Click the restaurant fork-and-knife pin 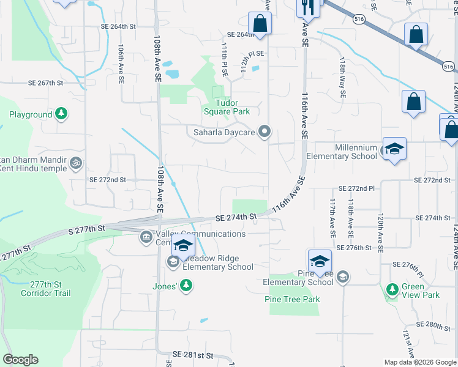pos(307,7)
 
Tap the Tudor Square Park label pos(226,108)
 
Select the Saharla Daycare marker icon pos(265,132)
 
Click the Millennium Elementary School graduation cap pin pos(394,149)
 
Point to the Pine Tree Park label pos(292,299)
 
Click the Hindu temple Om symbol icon pos(77,163)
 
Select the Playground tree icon pos(61,114)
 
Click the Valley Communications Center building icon pos(146,237)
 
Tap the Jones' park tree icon pos(186,285)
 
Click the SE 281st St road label pos(192,355)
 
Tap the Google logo pos(20,360)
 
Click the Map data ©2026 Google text pos(420,362)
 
